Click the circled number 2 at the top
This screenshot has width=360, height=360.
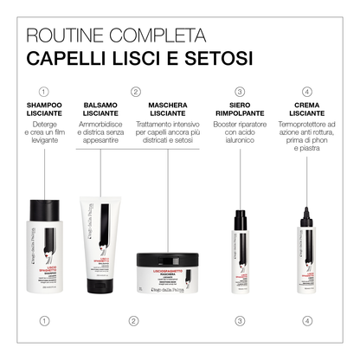point(135,91)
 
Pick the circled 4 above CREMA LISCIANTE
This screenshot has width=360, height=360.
point(307,91)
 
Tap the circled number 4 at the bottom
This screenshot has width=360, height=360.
point(307,322)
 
